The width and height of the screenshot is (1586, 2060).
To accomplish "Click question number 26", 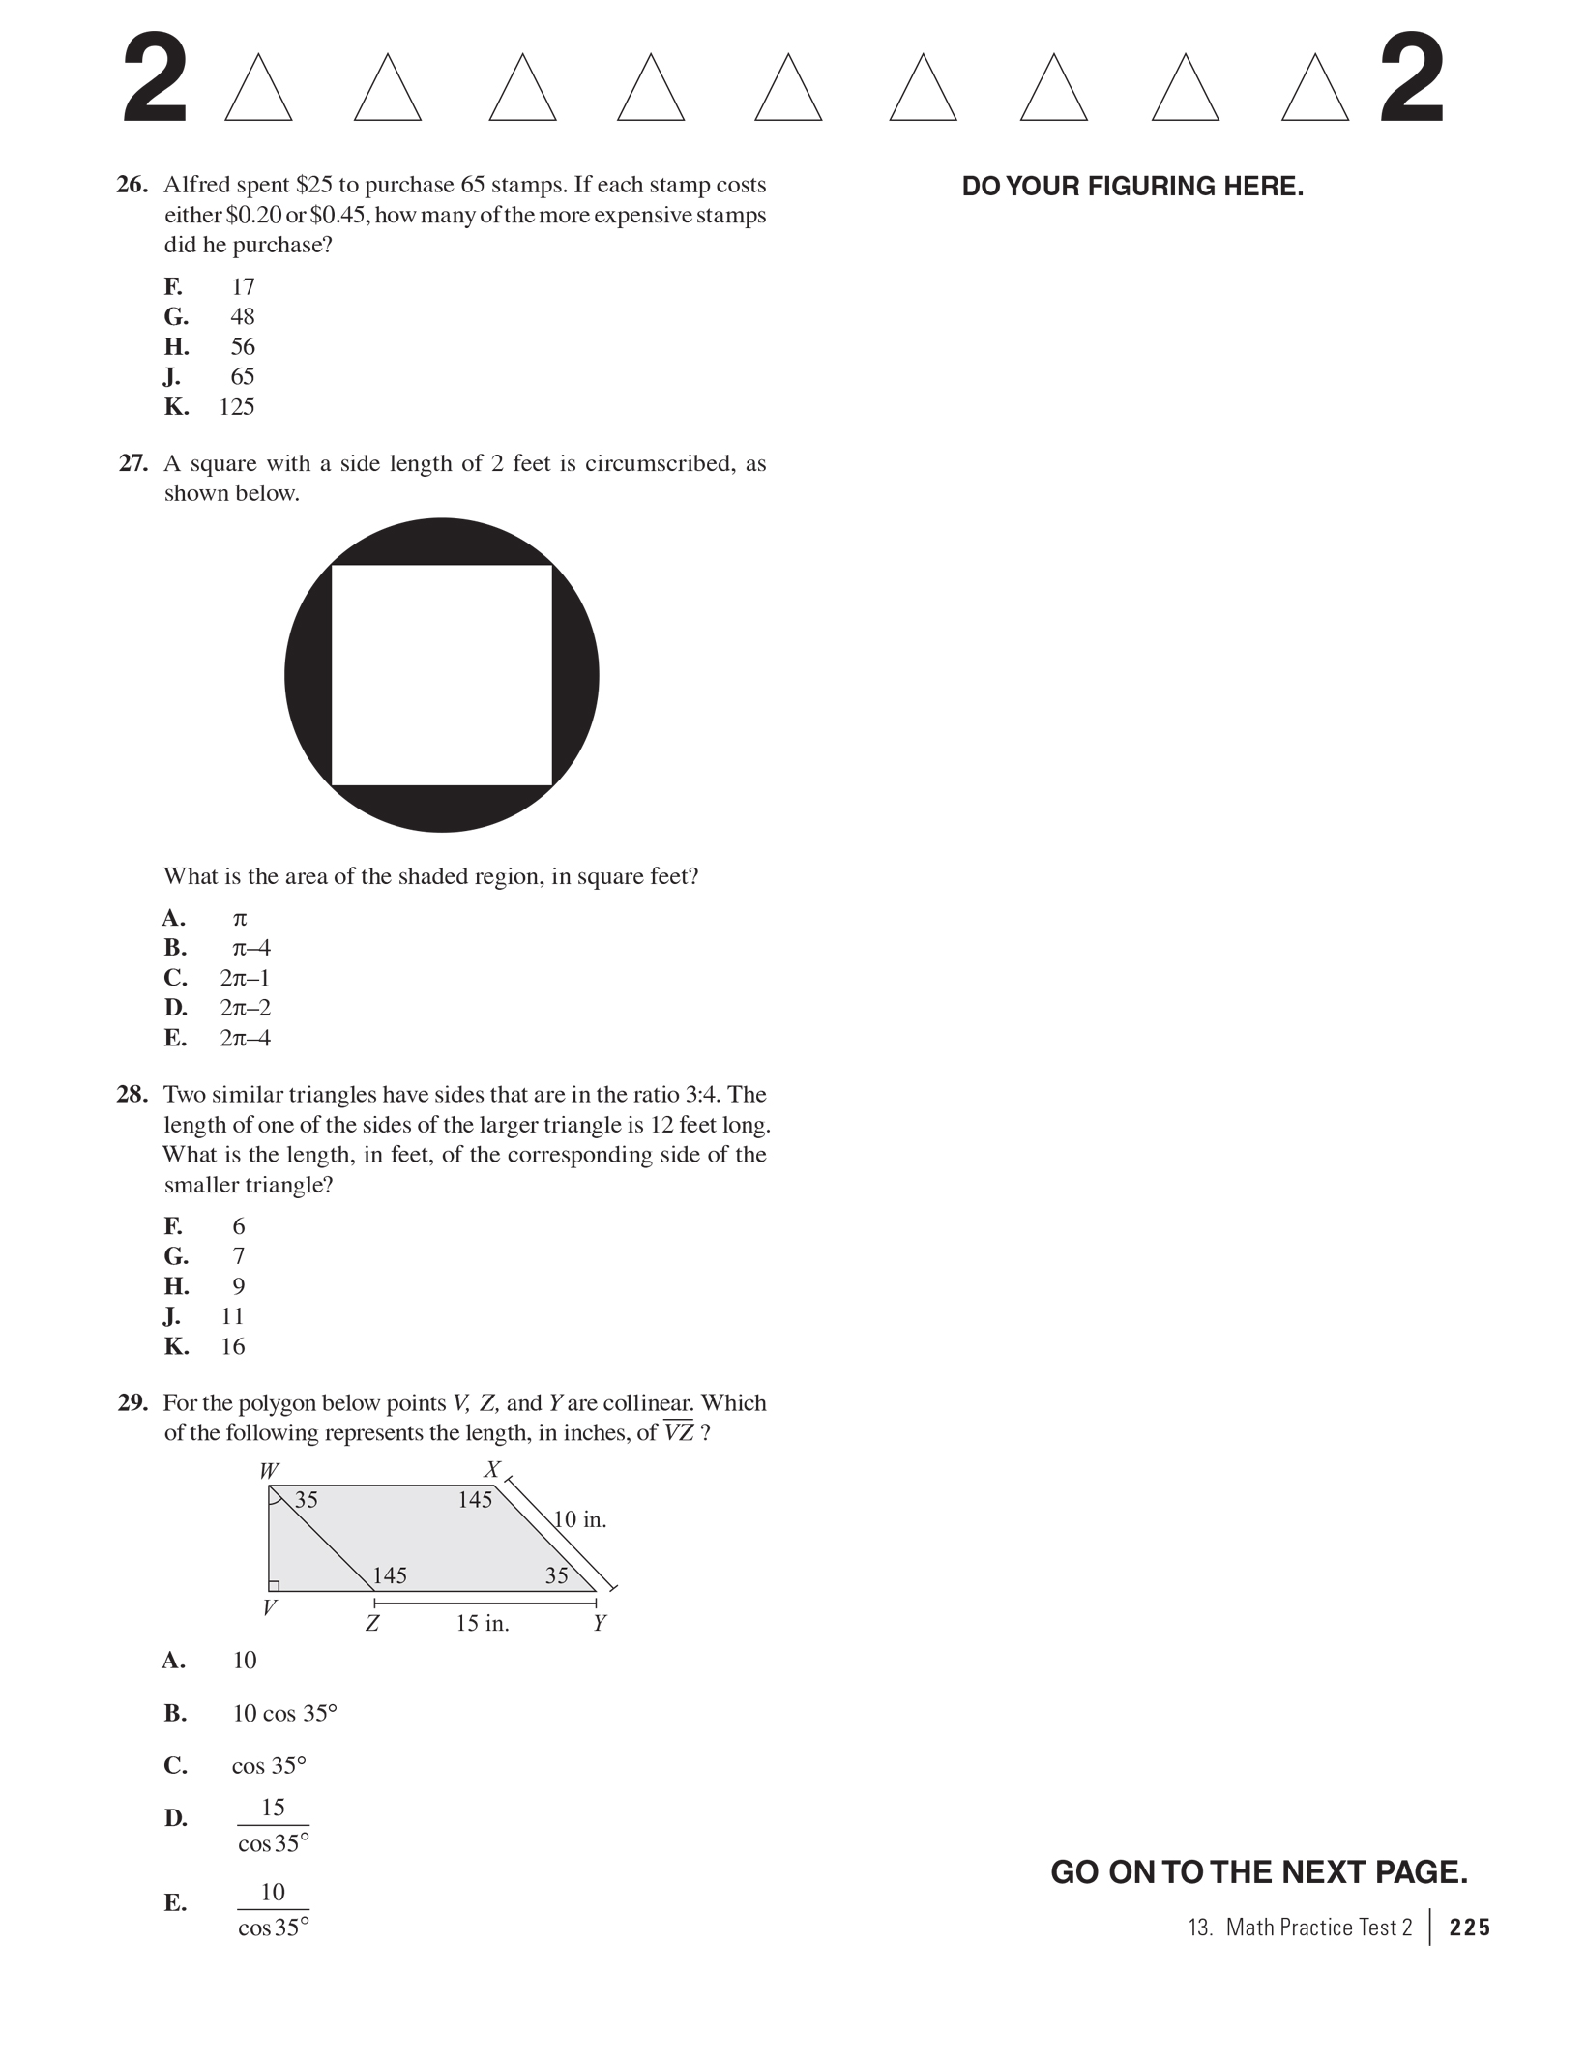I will click(132, 185).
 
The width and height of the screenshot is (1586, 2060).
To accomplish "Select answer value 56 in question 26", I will click(242, 346).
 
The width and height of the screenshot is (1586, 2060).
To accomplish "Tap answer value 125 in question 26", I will click(237, 406).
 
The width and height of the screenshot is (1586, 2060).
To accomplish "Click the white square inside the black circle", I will click(442, 675).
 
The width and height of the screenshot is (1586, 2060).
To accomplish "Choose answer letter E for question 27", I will click(175, 1038).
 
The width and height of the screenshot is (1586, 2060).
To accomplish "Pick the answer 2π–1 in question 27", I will click(245, 978).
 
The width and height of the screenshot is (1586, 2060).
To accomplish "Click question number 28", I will click(132, 1095).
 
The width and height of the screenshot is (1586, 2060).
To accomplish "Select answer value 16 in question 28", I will click(233, 1346).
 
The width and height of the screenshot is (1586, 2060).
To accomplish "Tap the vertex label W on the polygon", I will click(269, 1471).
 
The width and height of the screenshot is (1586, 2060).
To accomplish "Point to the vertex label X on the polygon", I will click(492, 1470).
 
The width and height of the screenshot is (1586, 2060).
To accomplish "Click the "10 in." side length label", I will click(580, 1519).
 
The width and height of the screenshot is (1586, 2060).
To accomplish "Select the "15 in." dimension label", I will click(483, 1623).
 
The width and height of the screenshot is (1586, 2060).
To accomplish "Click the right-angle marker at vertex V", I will click(275, 1585).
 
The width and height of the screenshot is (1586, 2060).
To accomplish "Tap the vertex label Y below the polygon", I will click(600, 1623).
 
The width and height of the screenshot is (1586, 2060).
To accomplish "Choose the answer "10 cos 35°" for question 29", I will click(284, 1713).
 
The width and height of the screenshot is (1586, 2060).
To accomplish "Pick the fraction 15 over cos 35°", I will click(274, 1825).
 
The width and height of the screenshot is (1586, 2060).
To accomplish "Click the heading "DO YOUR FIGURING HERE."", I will click(1132, 187).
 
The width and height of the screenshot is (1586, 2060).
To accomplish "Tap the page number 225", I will click(1469, 1928).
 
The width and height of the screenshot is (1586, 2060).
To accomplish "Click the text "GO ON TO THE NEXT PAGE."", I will click(1258, 1872).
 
